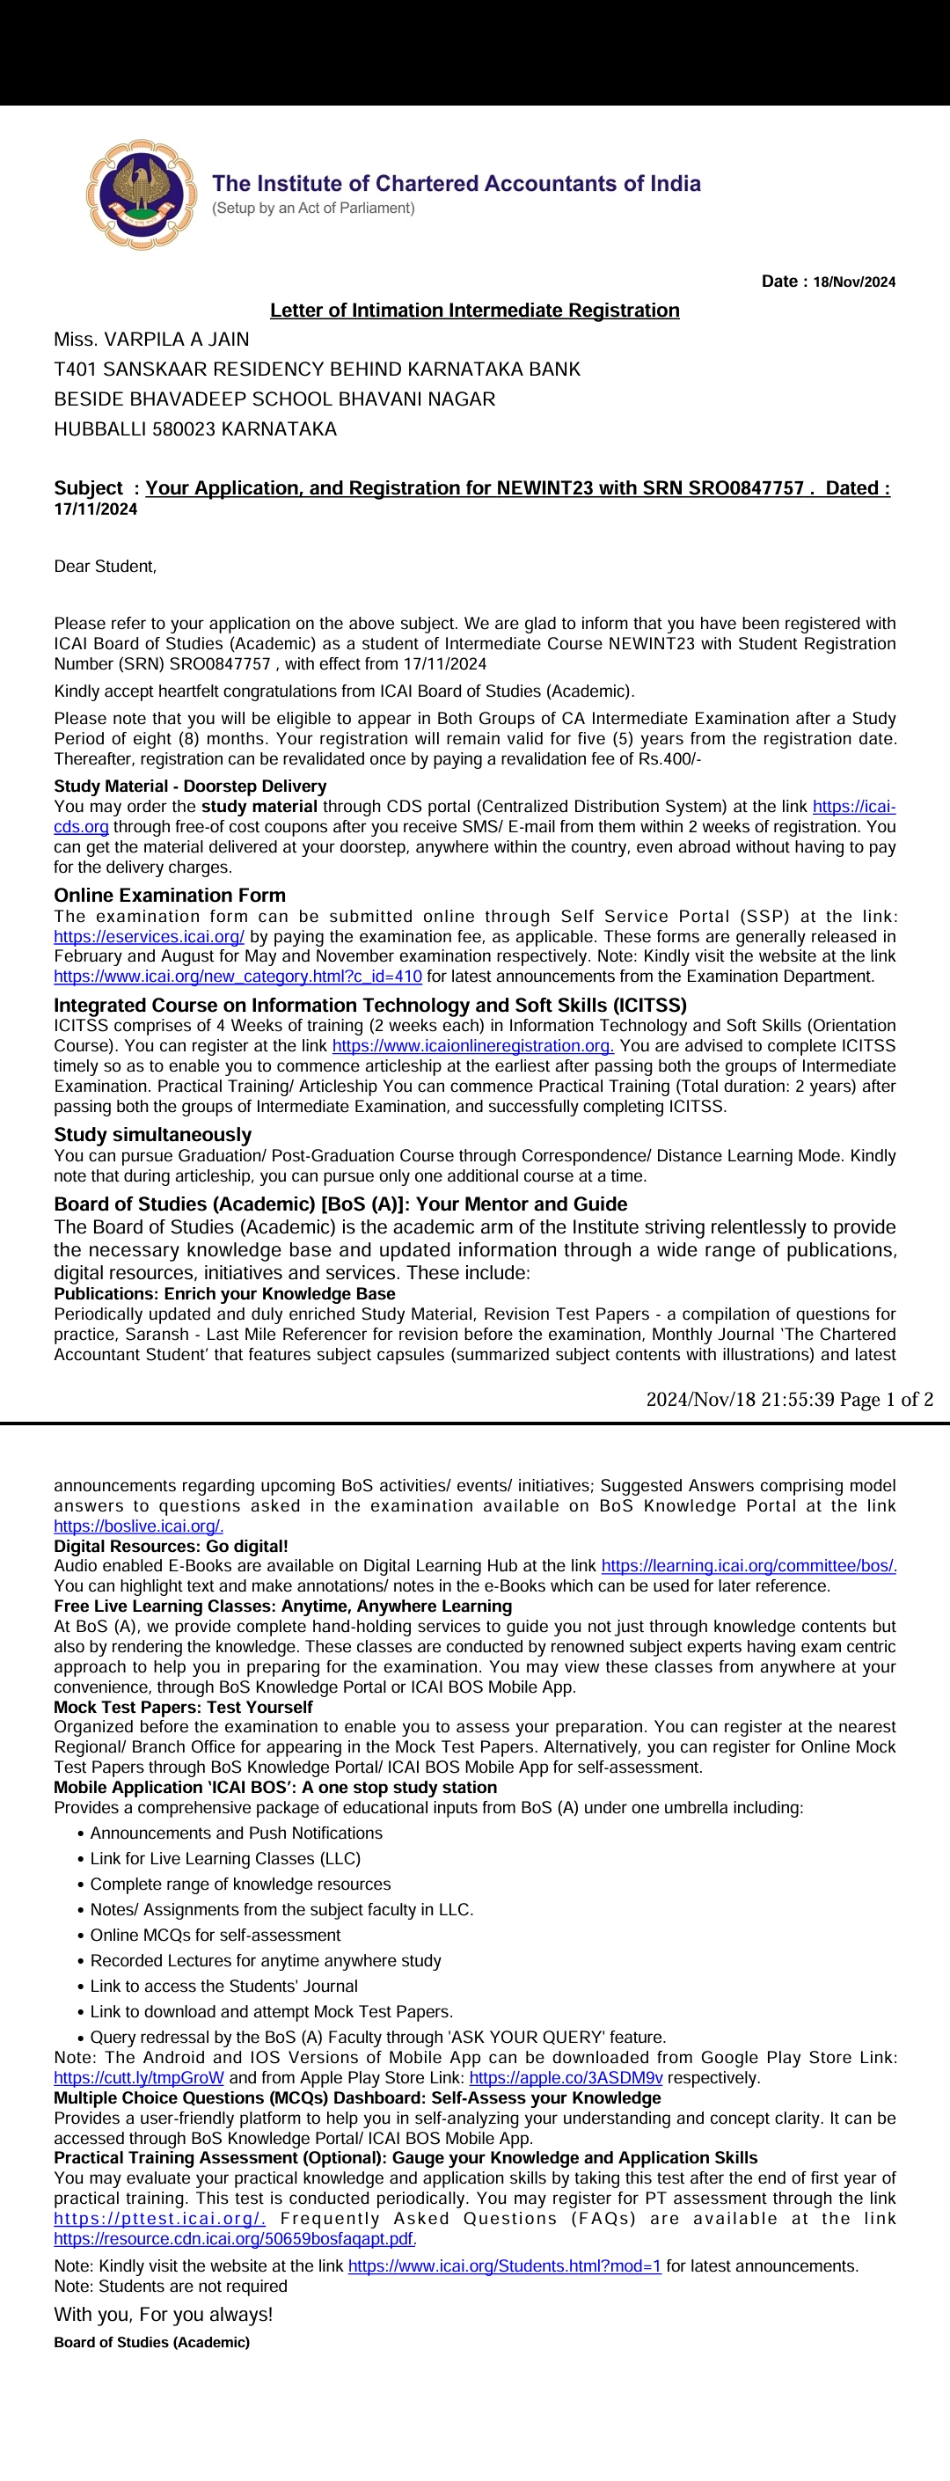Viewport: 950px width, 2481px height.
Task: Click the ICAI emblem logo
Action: coord(141,194)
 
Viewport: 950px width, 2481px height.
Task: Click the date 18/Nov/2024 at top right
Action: coord(854,282)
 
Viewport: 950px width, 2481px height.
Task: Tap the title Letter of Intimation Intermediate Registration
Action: coord(474,310)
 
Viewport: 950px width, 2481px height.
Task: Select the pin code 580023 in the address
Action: coord(184,429)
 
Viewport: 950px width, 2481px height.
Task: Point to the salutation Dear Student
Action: coord(105,567)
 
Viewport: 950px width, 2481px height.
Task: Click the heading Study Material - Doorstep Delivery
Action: coord(190,786)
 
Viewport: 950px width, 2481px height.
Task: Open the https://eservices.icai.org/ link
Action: coord(150,936)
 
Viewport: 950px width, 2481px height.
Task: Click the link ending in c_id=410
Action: coord(237,977)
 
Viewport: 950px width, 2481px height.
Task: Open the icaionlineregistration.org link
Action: coord(472,1046)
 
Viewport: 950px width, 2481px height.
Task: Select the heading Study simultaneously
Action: coord(152,1135)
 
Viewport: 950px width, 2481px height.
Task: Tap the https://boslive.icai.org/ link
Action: coord(139,1526)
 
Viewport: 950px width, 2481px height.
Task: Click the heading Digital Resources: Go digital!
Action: coord(171,1546)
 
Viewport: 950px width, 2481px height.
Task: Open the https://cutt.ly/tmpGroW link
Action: coord(139,2077)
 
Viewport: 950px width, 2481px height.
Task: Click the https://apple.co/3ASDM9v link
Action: coord(566,2077)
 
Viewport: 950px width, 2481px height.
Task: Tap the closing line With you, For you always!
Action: coord(164,2314)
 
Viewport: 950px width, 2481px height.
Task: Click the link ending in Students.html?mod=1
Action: coord(504,2265)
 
